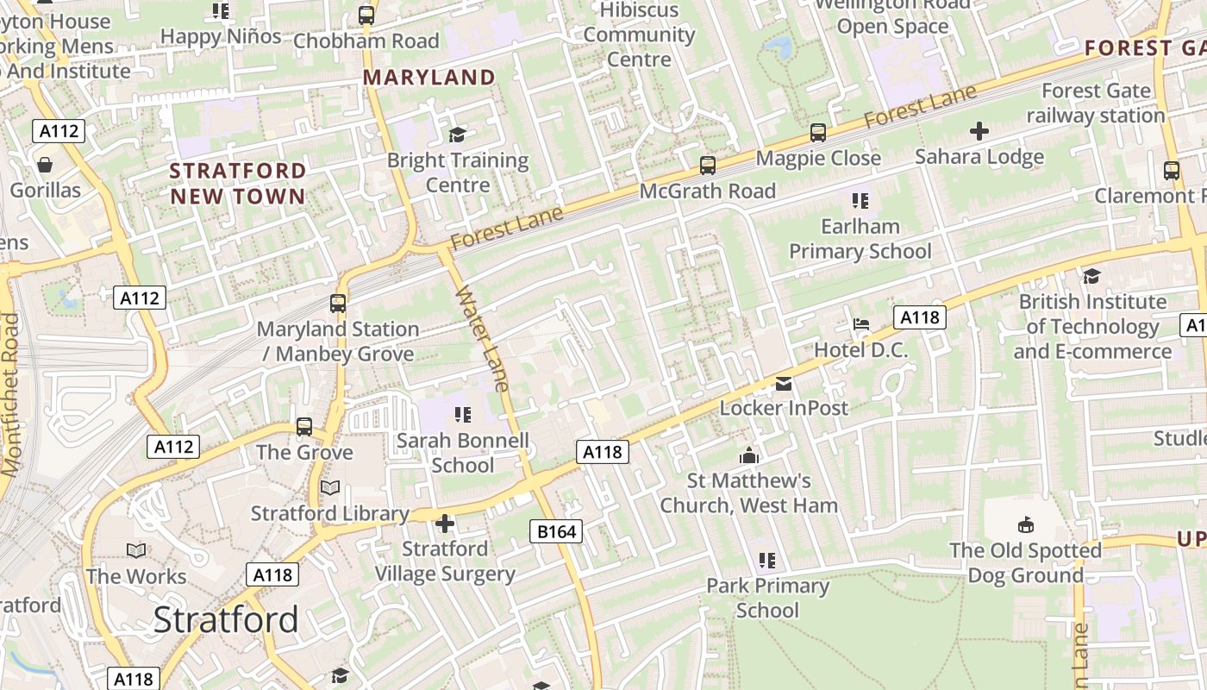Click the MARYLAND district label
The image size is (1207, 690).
(x=428, y=78)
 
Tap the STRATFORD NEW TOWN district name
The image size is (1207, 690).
(x=238, y=183)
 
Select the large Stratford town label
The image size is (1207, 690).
(x=226, y=619)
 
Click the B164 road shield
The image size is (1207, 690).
(x=556, y=531)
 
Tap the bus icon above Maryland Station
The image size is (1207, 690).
(x=338, y=304)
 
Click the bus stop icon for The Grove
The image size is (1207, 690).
(x=304, y=426)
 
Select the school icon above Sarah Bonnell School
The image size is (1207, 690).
(x=462, y=415)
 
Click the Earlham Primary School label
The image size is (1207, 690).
(x=860, y=239)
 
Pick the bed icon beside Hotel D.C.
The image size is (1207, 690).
(x=860, y=324)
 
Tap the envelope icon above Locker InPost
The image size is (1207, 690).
(x=784, y=383)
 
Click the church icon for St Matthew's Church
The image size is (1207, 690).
(x=749, y=455)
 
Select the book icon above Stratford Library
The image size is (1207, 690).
(x=330, y=488)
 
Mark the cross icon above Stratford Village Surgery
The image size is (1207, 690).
(x=445, y=523)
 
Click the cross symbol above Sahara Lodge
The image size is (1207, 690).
(x=979, y=131)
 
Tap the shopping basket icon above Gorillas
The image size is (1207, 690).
(x=45, y=164)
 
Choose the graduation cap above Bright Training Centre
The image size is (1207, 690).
(x=457, y=135)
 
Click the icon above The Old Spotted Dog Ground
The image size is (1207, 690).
(x=1025, y=524)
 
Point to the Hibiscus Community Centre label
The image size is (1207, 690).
(x=639, y=35)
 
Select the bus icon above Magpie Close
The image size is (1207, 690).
(x=817, y=133)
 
